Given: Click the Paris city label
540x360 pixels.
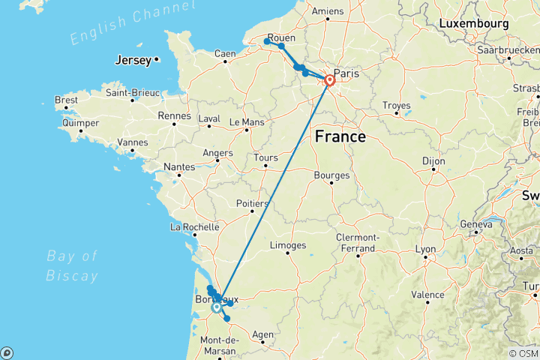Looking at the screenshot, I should click(x=346, y=73).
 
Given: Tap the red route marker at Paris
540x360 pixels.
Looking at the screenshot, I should click(x=329, y=80).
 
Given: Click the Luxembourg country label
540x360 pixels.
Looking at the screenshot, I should click(x=474, y=23).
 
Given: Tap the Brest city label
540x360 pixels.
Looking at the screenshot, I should click(x=66, y=99).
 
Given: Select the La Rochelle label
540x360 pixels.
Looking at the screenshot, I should click(x=194, y=226).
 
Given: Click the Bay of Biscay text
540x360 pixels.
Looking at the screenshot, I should click(x=73, y=265).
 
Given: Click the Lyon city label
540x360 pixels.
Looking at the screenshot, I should click(x=426, y=248).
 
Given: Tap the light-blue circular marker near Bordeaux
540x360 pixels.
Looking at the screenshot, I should click(x=217, y=307).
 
